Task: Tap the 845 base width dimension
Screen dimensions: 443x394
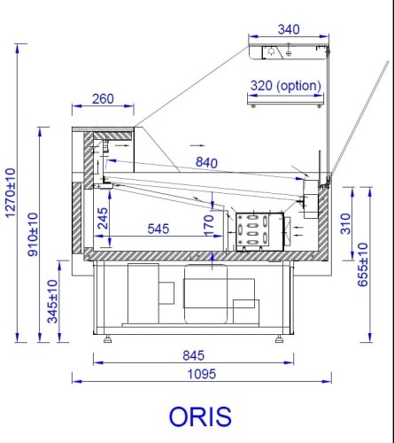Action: click(192, 354)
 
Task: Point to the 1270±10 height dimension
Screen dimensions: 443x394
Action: click(12, 192)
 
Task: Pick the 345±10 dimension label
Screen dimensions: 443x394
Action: click(52, 301)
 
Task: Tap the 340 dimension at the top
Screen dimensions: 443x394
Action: click(289, 29)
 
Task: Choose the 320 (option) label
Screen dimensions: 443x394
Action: click(286, 86)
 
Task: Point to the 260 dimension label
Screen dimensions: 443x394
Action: click(103, 99)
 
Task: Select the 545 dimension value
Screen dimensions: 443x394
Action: click(158, 229)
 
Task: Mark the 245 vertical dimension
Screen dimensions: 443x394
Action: click(103, 218)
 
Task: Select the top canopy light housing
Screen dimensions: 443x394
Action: click(289, 52)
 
